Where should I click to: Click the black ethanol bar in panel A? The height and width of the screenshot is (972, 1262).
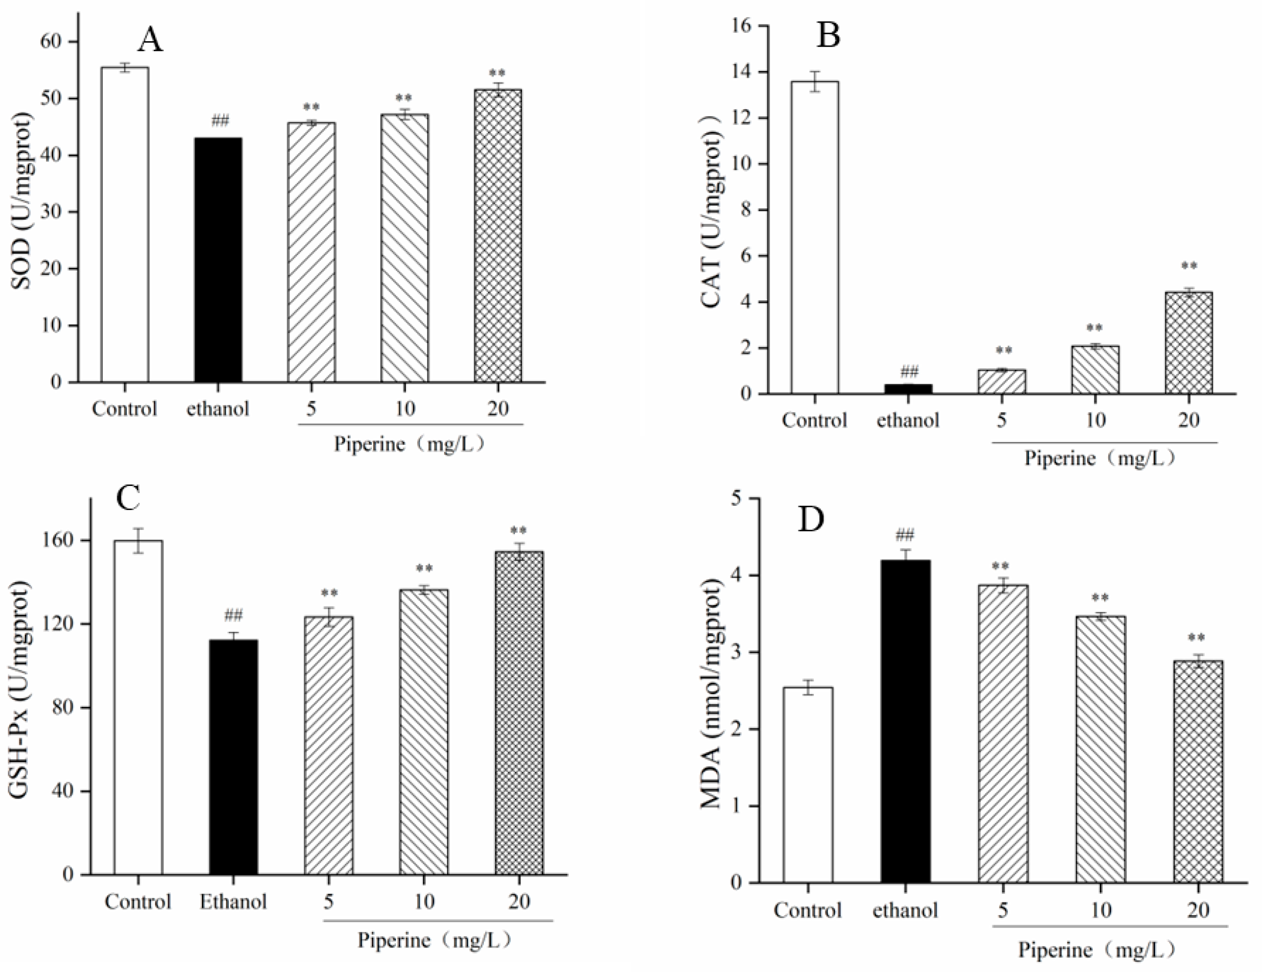click(218, 260)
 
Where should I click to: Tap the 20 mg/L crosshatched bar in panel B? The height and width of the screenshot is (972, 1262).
click(1189, 343)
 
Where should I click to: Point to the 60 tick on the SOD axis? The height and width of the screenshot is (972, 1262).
click(53, 42)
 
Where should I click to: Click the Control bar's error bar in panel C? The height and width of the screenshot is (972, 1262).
click(138, 541)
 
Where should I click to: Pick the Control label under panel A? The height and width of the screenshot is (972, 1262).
click(124, 409)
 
